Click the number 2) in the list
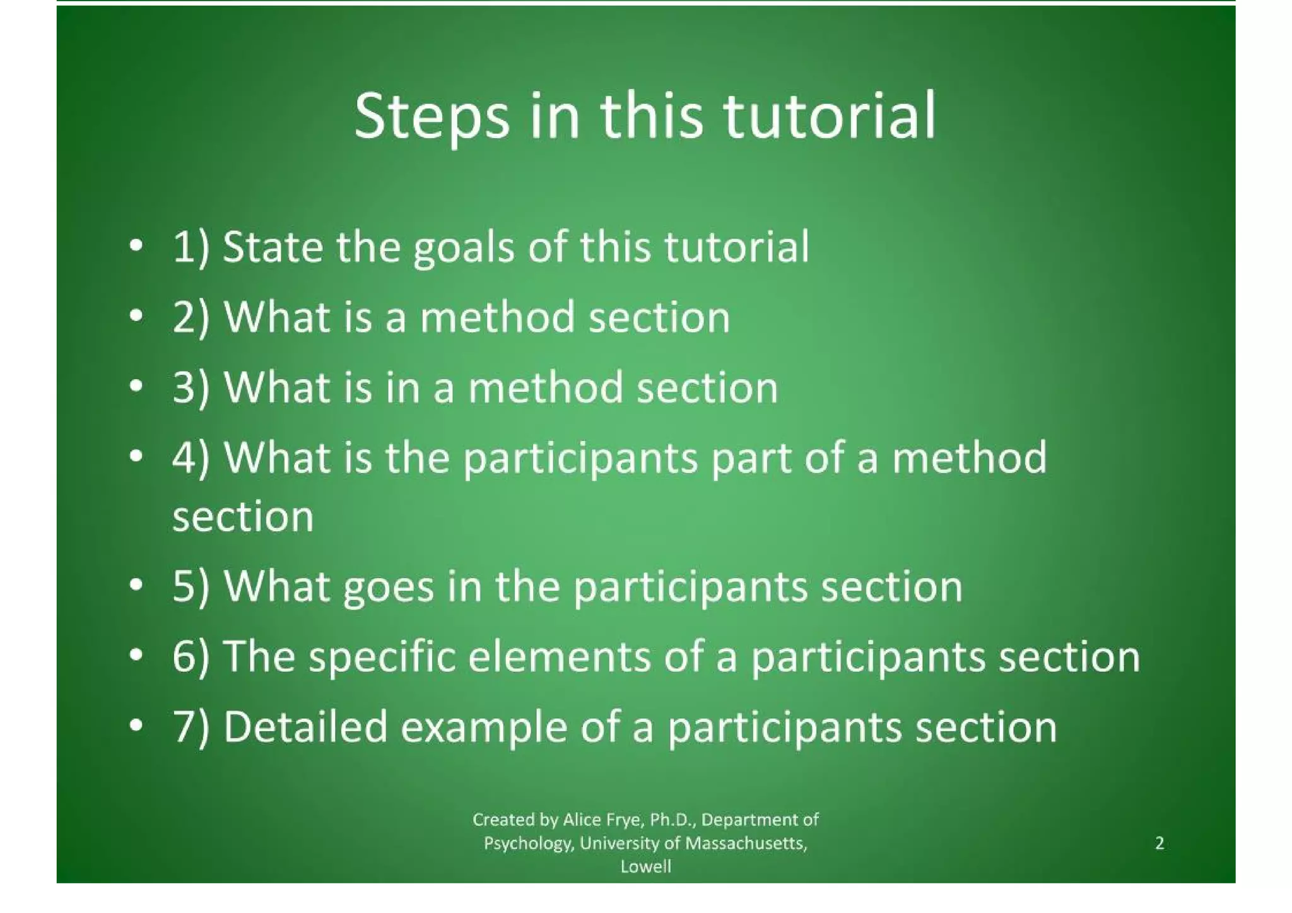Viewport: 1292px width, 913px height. [191, 317]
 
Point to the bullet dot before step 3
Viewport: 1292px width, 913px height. [134, 386]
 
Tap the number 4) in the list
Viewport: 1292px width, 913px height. [191, 458]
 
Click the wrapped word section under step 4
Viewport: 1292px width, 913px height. [243, 517]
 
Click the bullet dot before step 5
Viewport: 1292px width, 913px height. [134, 586]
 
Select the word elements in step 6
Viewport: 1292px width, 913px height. [559, 657]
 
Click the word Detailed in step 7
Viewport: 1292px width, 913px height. [305, 727]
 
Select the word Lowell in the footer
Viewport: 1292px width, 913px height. [645, 867]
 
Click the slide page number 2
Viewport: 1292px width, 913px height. [1160, 844]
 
